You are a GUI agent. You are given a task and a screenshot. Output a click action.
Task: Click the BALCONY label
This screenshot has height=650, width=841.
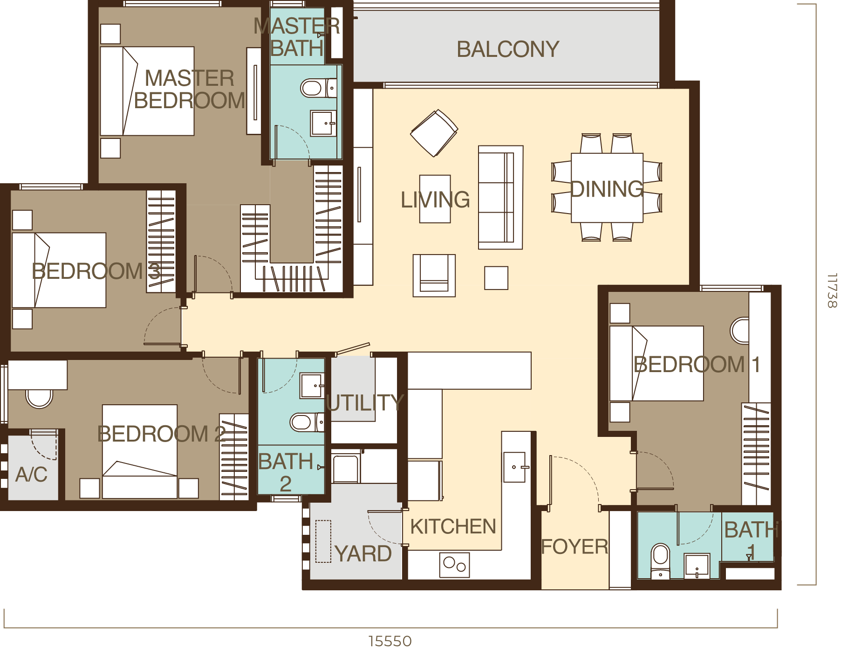(507, 49)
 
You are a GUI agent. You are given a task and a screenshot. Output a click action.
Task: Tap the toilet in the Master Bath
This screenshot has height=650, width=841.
(314, 88)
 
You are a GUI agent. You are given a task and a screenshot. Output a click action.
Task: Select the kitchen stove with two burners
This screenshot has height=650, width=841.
(454, 565)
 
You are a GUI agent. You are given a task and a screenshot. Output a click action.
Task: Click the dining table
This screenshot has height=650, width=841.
(607, 188)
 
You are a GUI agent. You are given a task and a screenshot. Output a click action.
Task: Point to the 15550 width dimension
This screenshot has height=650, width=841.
(390, 641)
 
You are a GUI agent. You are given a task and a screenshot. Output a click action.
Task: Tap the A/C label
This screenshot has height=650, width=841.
(31, 475)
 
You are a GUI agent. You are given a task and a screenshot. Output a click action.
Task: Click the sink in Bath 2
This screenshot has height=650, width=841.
(311, 386)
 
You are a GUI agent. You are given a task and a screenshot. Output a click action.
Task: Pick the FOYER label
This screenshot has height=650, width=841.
(574, 546)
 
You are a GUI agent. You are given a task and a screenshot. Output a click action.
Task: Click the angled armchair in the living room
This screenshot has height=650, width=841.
(434, 133)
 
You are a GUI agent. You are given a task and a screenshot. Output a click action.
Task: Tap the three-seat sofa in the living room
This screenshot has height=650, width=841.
(500, 198)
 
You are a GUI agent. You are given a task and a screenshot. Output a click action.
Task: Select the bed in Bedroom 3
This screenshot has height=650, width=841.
(59, 270)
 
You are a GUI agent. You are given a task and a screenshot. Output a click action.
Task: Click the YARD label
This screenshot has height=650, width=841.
(363, 553)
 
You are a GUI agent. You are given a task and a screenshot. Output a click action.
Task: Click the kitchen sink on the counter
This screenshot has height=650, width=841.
(514, 467)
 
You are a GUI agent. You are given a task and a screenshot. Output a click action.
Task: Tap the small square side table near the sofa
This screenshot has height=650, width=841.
(496, 278)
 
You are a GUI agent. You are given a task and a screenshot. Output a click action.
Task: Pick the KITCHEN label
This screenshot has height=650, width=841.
(453, 526)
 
